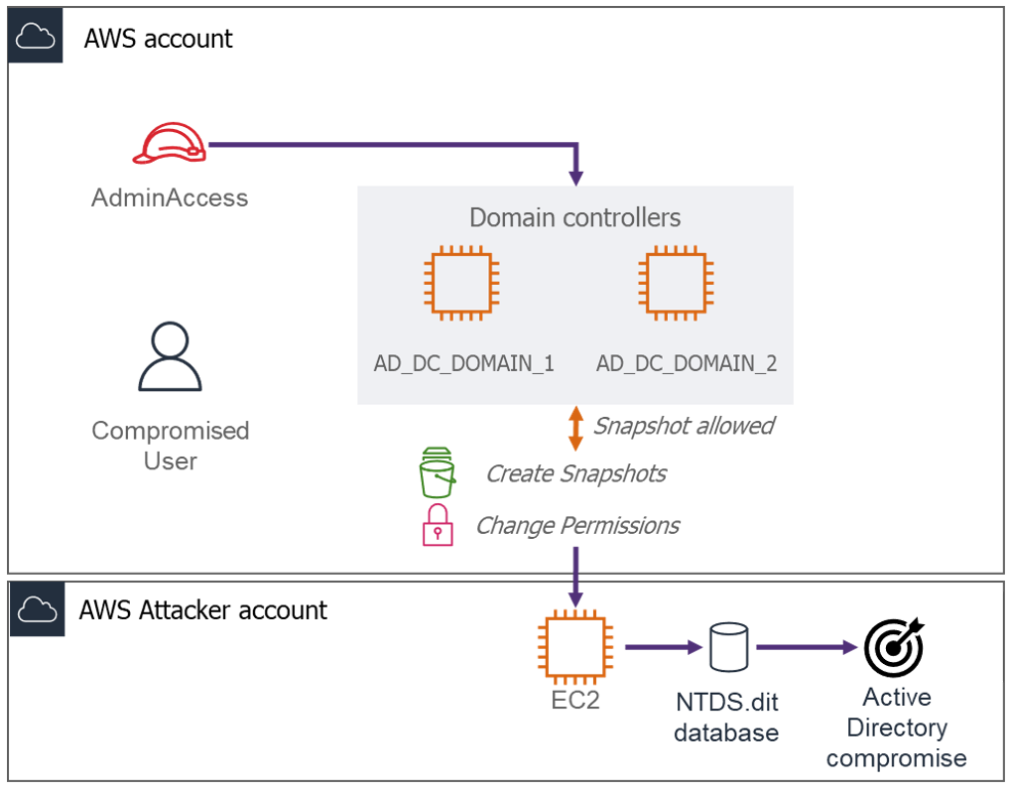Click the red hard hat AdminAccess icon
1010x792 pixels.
click(170, 145)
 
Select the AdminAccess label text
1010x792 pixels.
click(170, 198)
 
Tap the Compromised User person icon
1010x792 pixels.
click(170, 356)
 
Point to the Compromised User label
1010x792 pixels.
click(170, 446)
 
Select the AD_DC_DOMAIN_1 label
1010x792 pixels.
click(463, 363)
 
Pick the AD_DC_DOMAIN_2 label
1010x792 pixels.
click(687, 363)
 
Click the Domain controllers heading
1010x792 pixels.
click(575, 217)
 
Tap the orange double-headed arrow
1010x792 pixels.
click(574, 428)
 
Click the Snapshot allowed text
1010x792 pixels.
click(684, 426)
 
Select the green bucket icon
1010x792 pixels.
click(437, 472)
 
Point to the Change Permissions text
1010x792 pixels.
click(577, 525)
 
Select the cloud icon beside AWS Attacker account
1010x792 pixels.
click(35, 608)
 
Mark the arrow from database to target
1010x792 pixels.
click(806, 648)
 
